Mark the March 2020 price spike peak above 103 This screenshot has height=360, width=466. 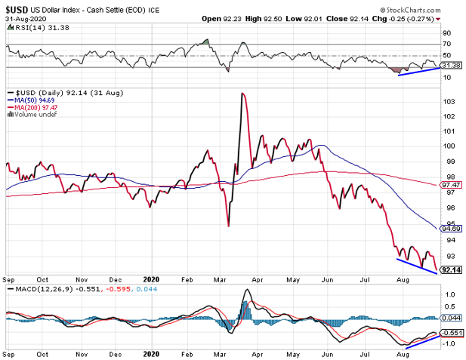pyautogui.click(x=242, y=93)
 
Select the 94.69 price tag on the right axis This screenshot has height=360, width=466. pyautogui.click(x=451, y=228)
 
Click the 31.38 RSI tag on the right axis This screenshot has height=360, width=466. pyautogui.click(x=451, y=66)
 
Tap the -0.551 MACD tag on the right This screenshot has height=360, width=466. pyautogui.click(x=452, y=333)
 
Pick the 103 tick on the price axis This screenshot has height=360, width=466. pyautogui.click(x=449, y=101)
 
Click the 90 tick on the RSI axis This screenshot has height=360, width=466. pyautogui.click(x=447, y=33)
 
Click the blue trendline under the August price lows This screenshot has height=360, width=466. pyautogui.click(x=417, y=266)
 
